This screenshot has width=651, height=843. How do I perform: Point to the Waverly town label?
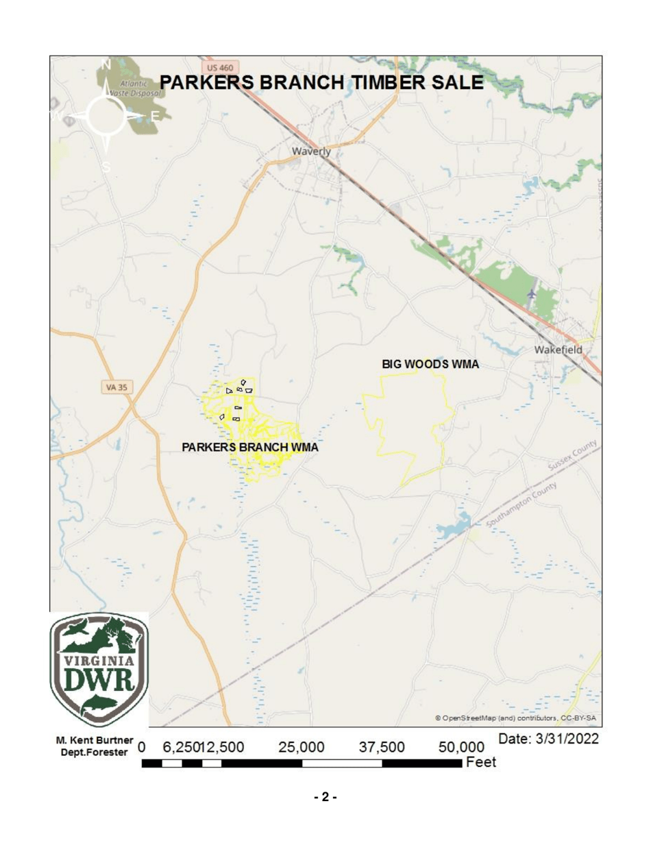click(311, 151)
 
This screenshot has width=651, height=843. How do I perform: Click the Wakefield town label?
click(558, 350)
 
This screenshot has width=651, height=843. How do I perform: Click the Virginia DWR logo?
click(100, 668)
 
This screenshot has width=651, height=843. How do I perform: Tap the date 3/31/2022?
click(549, 740)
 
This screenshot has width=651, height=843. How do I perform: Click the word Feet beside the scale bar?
click(480, 763)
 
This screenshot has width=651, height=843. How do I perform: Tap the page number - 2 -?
click(325, 798)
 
